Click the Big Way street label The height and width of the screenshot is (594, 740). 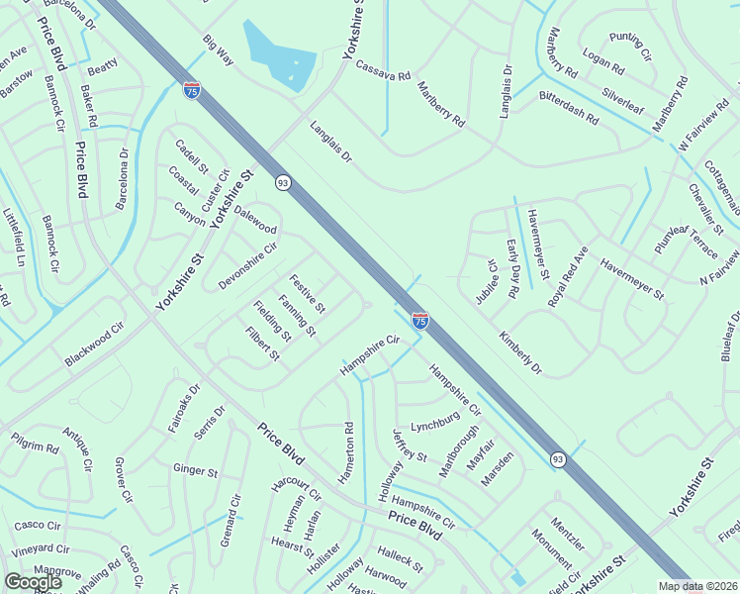tap(218, 50)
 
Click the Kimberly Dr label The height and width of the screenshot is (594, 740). tap(520, 353)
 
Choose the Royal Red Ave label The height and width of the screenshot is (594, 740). tap(568, 275)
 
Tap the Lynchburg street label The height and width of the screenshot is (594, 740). tap(436, 422)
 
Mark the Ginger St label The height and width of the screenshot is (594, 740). tap(195, 471)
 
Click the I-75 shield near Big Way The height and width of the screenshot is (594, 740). tap(192, 90)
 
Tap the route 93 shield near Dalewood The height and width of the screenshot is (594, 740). tap(283, 182)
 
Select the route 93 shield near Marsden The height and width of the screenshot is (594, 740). tap(558, 458)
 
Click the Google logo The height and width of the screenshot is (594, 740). tap(33, 582)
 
